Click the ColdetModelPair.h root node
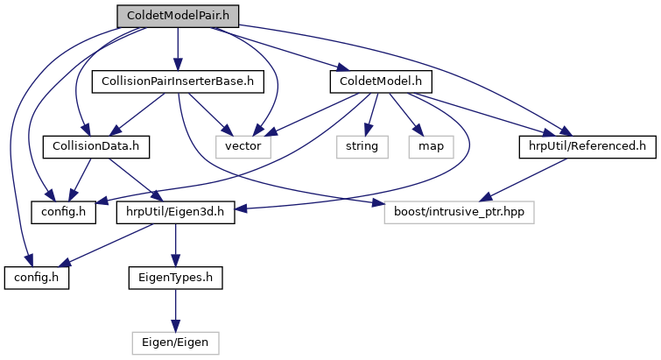[177, 16]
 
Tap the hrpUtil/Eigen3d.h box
[175, 211]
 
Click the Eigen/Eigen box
[175, 342]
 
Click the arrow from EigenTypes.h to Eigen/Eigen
[175, 309]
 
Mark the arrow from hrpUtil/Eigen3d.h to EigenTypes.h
[175, 244]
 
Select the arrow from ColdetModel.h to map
[404, 114]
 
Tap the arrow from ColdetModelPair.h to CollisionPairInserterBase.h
[177, 49]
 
